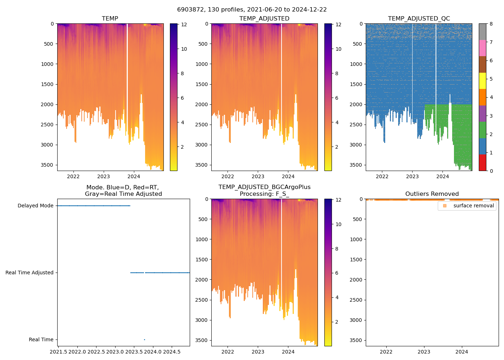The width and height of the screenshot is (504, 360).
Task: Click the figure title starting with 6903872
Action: [x=252, y=10]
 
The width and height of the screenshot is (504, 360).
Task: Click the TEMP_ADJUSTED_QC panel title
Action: [x=419, y=18]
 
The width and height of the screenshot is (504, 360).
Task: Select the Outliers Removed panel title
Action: [x=432, y=194]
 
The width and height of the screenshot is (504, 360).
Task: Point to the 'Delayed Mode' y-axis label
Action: [x=35, y=206]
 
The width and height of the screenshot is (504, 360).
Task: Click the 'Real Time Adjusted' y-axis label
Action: [x=29, y=273]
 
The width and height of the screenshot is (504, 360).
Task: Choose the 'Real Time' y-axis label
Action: [x=41, y=339]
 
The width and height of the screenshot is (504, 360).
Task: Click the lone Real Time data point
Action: [x=144, y=339]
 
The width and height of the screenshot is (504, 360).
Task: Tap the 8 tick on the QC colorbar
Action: [x=491, y=24]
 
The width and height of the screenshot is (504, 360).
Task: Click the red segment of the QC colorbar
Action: [x=482, y=162]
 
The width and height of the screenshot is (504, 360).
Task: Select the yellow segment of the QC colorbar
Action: [x=482, y=81]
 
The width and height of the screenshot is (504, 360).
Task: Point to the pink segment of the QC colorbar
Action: [x=482, y=48]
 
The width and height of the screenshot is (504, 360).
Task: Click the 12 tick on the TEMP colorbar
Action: [x=184, y=24]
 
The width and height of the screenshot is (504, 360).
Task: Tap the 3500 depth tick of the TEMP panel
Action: [x=47, y=165]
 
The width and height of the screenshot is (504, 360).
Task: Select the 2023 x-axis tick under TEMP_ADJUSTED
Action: [x=258, y=176]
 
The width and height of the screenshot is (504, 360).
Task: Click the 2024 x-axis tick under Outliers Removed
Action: [x=462, y=351]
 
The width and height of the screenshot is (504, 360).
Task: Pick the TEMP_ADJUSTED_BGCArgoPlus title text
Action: [x=264, y=187]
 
